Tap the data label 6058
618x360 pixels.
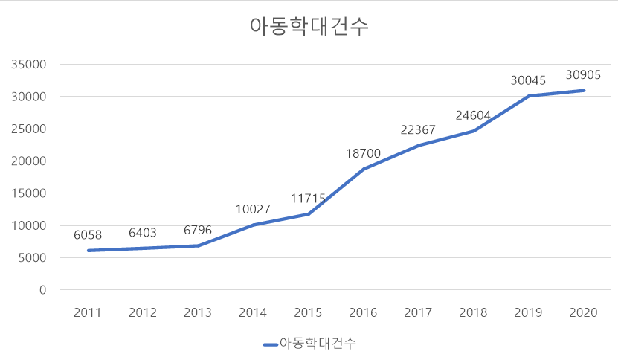tap(88, 235)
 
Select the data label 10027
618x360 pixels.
tap(254, 209)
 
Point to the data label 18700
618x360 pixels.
tap(363, 153)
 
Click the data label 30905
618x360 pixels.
tap(585, 74)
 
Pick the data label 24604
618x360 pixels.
tap(474, 115)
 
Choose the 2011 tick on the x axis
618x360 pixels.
tap(88, 312)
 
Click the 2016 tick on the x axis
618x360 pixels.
tap(364, 312)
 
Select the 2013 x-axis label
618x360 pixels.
tap(198, 312)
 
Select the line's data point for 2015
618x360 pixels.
tap(309, 214)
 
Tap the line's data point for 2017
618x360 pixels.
tap(419, 146)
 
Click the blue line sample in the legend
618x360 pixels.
tap(271, 344)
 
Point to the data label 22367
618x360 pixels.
tap(418, 130)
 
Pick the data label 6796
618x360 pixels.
tap(198, 230)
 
